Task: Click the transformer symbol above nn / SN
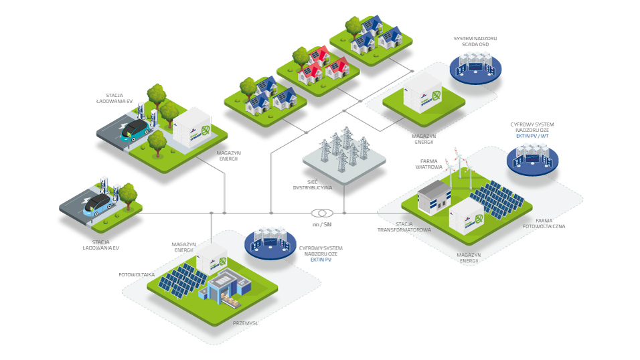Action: click(x=321, y=213)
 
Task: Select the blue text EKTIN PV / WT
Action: click(x=532, y=136)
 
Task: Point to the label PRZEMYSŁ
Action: click(x=246, y=323)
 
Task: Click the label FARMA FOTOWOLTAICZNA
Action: click(x=544, y=223)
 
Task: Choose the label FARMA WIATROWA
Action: click(x=431, y=164)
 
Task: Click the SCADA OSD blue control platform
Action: click(x=475, y=68)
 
